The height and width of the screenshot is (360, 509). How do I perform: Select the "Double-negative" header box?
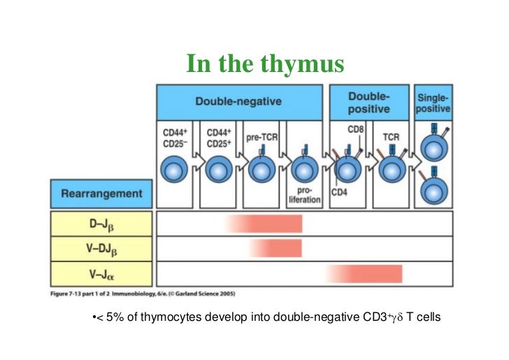coord(238,101)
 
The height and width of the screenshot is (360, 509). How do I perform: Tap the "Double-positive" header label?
coord(369,101)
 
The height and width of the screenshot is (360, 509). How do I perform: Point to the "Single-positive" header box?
coord(433,103)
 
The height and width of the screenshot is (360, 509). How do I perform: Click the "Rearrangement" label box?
coord(101,194)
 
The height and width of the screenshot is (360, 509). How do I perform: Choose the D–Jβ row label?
coord(101,224)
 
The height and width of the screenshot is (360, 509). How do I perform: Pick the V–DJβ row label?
coord(101,248)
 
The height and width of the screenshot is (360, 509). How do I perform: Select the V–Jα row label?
coord(101,273)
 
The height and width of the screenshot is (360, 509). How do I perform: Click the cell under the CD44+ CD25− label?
coord(175,170)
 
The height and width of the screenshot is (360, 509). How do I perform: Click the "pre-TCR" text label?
coord(261,138)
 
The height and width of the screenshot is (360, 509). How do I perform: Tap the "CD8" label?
coord(355,130)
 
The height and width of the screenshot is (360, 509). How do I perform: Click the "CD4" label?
coord(340,193)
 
